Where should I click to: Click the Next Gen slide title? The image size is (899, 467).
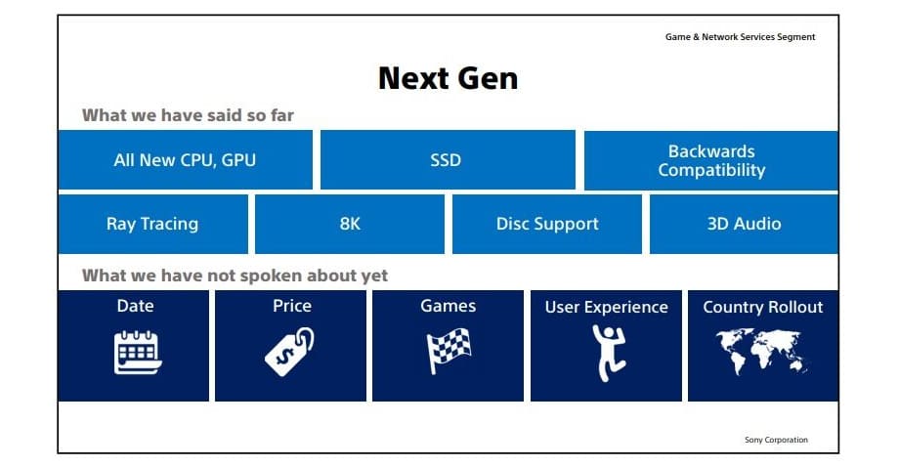(x=448, y=78)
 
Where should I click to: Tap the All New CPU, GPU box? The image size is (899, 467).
(x=186, y=160)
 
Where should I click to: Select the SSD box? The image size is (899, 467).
(x=448, y=160)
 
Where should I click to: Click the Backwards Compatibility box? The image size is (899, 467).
(x=711, y=160)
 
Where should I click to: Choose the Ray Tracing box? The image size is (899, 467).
(x=153, y=224)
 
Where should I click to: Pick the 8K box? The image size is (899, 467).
(x=350, y=224)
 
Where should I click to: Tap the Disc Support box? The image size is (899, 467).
(x=547, y=224)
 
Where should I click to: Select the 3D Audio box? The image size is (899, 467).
(x=745, y=224)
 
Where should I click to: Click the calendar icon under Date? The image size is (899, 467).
(x=137, y=353)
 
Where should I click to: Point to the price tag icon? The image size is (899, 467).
(x=289, y=352)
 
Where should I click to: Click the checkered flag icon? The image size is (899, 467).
(x=449, y=351)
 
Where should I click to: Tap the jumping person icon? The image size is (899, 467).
(x=608, y=353)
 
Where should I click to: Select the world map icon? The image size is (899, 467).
(x=762, y=352)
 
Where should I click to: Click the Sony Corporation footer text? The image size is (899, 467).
(x=776, y=440)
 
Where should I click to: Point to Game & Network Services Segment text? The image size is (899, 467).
(x=740, y=37)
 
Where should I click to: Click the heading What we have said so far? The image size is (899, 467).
(x=188, y=115)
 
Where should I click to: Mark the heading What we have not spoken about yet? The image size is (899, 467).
(x=235, y=276)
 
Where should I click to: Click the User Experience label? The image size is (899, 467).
(x=607, y=308)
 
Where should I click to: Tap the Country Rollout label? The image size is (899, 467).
(x=763, y=307)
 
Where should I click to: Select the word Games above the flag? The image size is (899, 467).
(x=449, y=306)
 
